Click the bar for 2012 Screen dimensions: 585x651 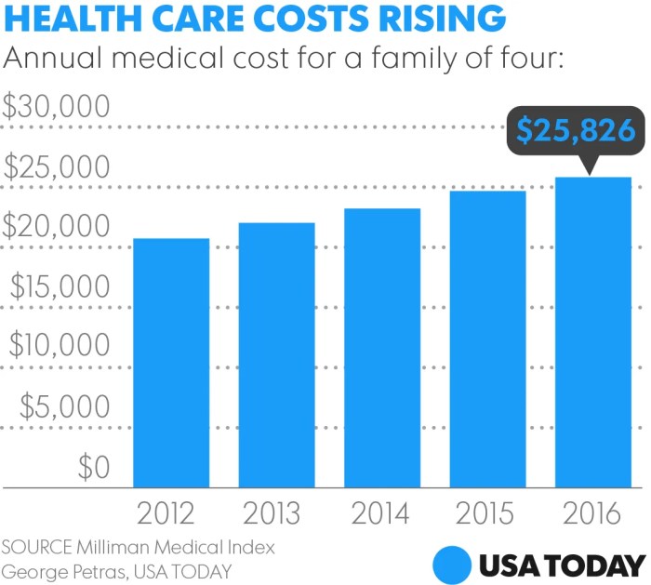[x=171, y=363]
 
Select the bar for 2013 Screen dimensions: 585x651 [x=276, y=354]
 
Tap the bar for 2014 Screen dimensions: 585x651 [x=381, y=347]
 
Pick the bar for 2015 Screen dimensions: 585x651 [x=487, y=339]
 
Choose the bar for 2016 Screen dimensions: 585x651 [x=593, y=332]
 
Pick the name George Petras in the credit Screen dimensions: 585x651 [x=56, y=569]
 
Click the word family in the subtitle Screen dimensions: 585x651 [x=351, y=59]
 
